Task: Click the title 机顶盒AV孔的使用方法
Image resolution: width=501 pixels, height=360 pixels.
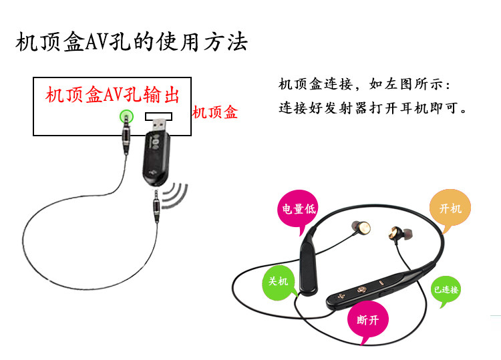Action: click(132, 43)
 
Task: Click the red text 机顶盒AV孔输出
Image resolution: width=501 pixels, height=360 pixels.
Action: click(113, 95)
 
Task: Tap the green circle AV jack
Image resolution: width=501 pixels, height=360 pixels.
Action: click(125, 117)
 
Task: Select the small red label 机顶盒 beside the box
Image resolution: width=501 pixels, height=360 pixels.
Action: click(214, 113)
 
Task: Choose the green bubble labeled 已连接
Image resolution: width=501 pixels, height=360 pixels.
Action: click(446, 290)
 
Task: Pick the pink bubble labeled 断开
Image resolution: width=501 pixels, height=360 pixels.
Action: click(367, 320)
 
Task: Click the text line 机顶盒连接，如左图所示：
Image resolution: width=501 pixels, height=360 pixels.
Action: click(365, 85)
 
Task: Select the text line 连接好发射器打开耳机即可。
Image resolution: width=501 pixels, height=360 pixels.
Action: click(373, 108)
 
